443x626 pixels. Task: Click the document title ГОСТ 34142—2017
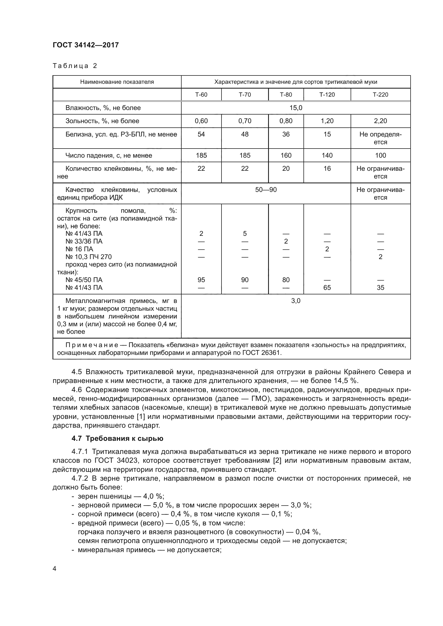(x=86, y=45)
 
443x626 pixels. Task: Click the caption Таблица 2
(x=75, y=66)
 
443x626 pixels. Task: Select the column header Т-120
(x=327, y=94)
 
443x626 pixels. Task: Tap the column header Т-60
(x=201, y=94)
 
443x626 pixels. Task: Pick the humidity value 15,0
(x=296, y=108)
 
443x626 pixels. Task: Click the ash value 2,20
(x=380, y=121)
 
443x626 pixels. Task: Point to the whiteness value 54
(x=201, y=134)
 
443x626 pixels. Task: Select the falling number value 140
(x=327, y=155)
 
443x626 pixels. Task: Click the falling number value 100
(x=380, y=155)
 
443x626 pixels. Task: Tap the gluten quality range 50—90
(x=266, y=190)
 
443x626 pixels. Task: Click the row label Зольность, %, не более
(x=102, y=121)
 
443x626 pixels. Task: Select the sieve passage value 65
(x=327, y=288)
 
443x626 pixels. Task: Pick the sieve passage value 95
(x=201, y=280)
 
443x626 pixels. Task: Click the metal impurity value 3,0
(x=296, y=301)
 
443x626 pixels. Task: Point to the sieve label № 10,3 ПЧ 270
(x=88, y=257)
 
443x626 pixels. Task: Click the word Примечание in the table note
(x=92, y=345)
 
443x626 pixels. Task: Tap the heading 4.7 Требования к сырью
(x=117, y=438)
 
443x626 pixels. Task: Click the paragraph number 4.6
(x=77, y=390)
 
